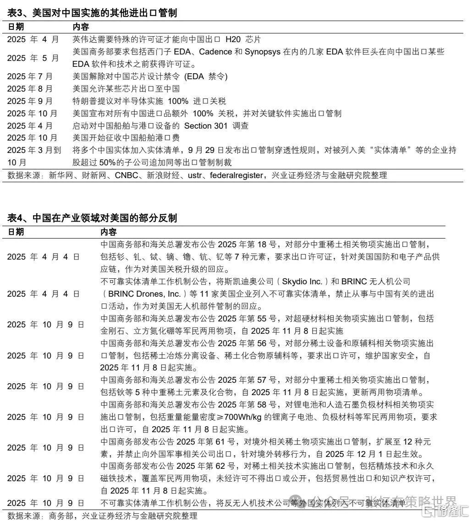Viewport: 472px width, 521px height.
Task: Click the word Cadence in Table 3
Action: click(x=215, y=52)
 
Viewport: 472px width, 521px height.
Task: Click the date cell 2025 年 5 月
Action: click(x=33, y=58)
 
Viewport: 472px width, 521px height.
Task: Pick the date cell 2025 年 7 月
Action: click(x=30, y=76)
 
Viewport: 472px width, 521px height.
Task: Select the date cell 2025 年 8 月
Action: click(x=30, y=89)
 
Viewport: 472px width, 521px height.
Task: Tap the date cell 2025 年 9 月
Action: click(x=30, y=101)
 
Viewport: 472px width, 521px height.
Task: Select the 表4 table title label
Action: click(x=15, y=219)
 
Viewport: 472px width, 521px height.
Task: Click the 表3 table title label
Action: click(x=15, y=13)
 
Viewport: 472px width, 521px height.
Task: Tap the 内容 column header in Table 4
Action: click(x=109, y=232)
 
